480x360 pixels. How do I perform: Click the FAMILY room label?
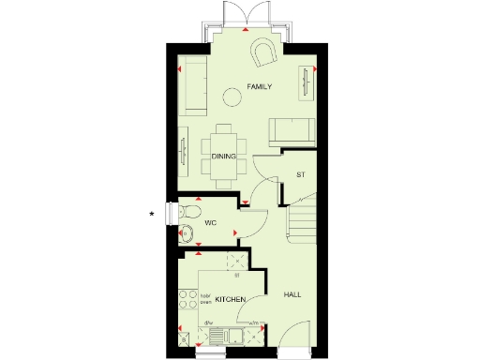coord(259,86)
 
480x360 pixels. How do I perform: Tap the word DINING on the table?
coord(223,157)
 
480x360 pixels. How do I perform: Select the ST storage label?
coord(301,175)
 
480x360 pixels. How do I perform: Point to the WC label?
coord(211,223)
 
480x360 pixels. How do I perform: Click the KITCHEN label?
coord(230,299)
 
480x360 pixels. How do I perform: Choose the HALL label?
coord(292,295)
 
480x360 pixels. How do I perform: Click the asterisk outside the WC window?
coord(152,216)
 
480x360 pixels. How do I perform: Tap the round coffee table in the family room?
coord(232,94)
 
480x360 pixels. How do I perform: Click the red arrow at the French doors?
coord(245,32)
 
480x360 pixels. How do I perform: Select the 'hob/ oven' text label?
coord(205,299)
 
